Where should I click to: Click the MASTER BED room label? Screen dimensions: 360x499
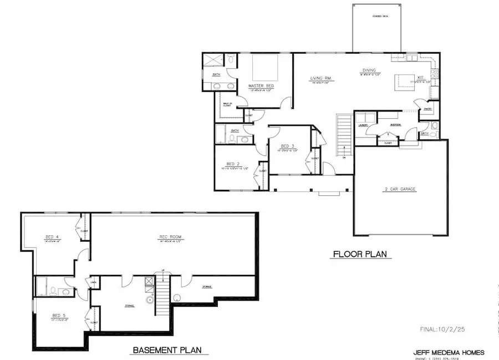point(259,86)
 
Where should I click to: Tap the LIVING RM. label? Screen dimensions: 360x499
point(320,79)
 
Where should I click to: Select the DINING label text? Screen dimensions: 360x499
point(369,70)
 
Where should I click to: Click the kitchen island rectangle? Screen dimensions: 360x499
point(404,82)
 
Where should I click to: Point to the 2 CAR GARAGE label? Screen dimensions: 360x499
point(399,189)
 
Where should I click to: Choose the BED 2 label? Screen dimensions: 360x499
point(233,164)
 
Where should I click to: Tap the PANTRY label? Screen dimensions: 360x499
point(427,109)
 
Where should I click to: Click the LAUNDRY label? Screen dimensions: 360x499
point(364,125)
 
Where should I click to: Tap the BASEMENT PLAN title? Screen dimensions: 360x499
point(166,350)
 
